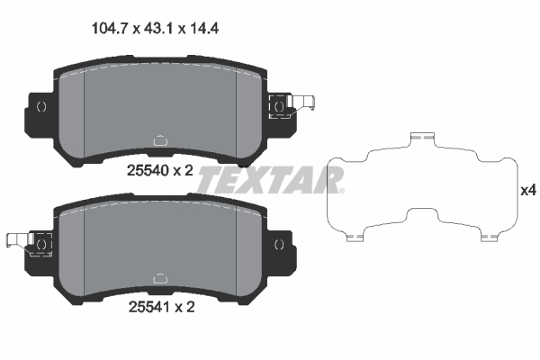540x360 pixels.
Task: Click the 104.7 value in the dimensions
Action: coord(112,28)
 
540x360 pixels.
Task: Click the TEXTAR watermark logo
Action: coord(269,179)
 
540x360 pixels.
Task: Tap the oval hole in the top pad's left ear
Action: coord(41,106)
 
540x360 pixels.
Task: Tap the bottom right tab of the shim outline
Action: coord(490,238)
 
